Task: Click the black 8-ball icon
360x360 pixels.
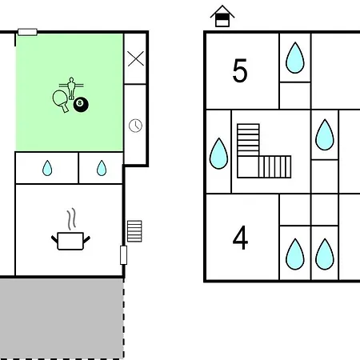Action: [81, 105]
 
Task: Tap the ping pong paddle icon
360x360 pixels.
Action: [61, 100]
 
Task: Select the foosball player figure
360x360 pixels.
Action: [71, 88]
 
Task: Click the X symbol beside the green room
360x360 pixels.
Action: [136, 58]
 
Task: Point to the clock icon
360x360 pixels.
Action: [135, 126]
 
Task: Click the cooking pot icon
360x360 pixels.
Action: [70, 241]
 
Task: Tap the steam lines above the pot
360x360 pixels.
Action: [71, 219]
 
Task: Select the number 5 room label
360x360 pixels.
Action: [240, 70]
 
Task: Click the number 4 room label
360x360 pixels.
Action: [240, 238]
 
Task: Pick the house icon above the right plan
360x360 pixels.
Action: [222, 16]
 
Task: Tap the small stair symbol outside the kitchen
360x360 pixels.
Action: [134, 231]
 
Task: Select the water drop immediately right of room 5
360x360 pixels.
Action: [295, 58]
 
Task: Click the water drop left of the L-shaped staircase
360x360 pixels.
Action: [218, 154]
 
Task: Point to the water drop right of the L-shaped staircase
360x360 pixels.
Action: [325, 135]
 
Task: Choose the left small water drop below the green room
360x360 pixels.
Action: [47, 168]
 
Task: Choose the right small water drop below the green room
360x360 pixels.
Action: [102, 168]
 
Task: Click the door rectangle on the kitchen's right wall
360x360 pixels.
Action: [123, 255]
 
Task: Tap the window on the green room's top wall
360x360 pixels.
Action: [27, 32]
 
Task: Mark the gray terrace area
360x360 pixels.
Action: [62, 318]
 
